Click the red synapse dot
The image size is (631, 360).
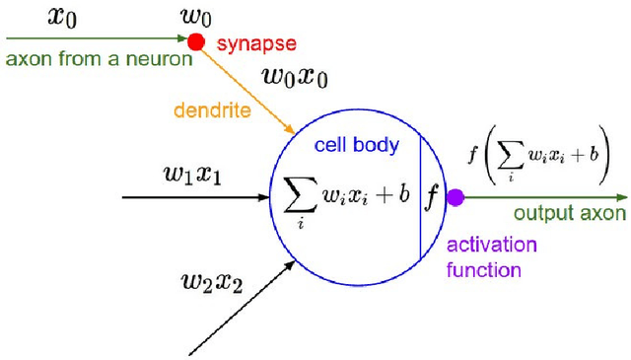tap(196, 41)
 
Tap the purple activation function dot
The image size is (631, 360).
tap(455, 197)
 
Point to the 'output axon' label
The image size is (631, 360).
tap(569, 216)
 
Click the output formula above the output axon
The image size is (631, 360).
tap(539, 159)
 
